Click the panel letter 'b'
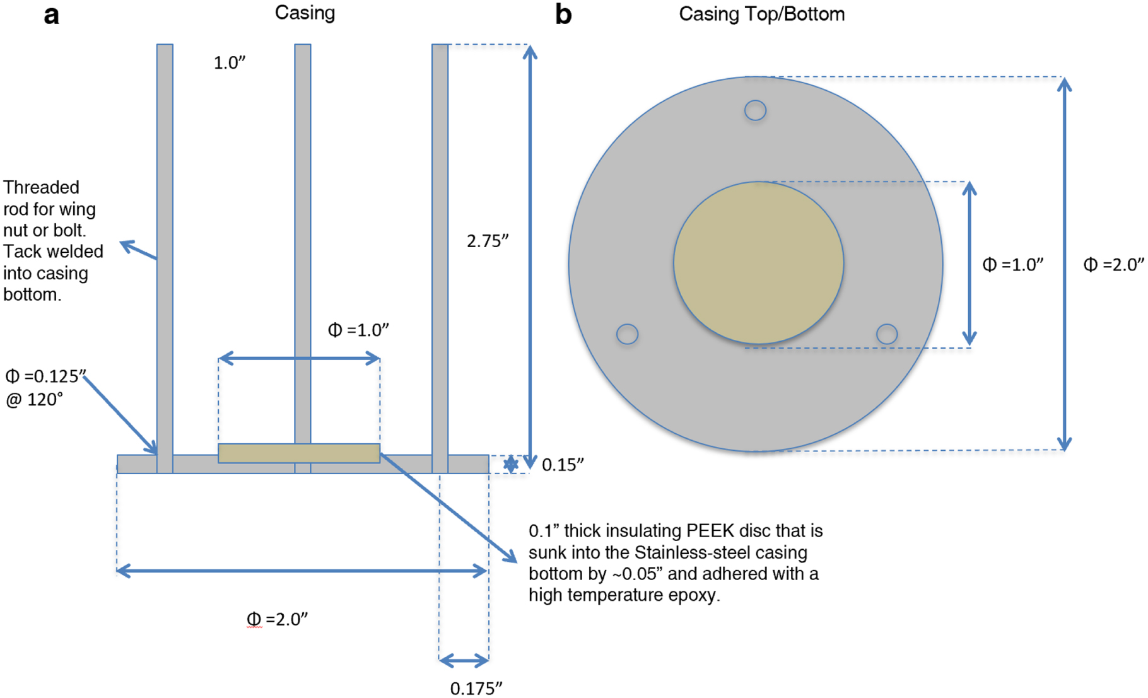click(x=563, y=14)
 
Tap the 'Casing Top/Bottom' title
click(x=761, y=14)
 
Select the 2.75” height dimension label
click(x=487, y=241)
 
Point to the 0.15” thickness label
click(x=562, y=465)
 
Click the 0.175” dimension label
click(x=476, y=688)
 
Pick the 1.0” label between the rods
click(x=229, y=63)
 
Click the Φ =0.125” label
click(x=45, y=376)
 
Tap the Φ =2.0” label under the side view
click(x=277, y=619)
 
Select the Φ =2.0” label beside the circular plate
click(x=1113, y=265)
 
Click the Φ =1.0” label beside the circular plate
click(x=1012, y=265)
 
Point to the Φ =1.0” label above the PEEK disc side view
click(x=358, y=330)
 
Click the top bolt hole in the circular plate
click(x=755, y=110)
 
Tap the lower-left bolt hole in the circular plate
click(x=627, y=334)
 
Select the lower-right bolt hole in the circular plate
click(x=887, y=334)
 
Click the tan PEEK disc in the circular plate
click(x=758, y=263)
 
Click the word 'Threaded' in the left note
click(x=41, y=188)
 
